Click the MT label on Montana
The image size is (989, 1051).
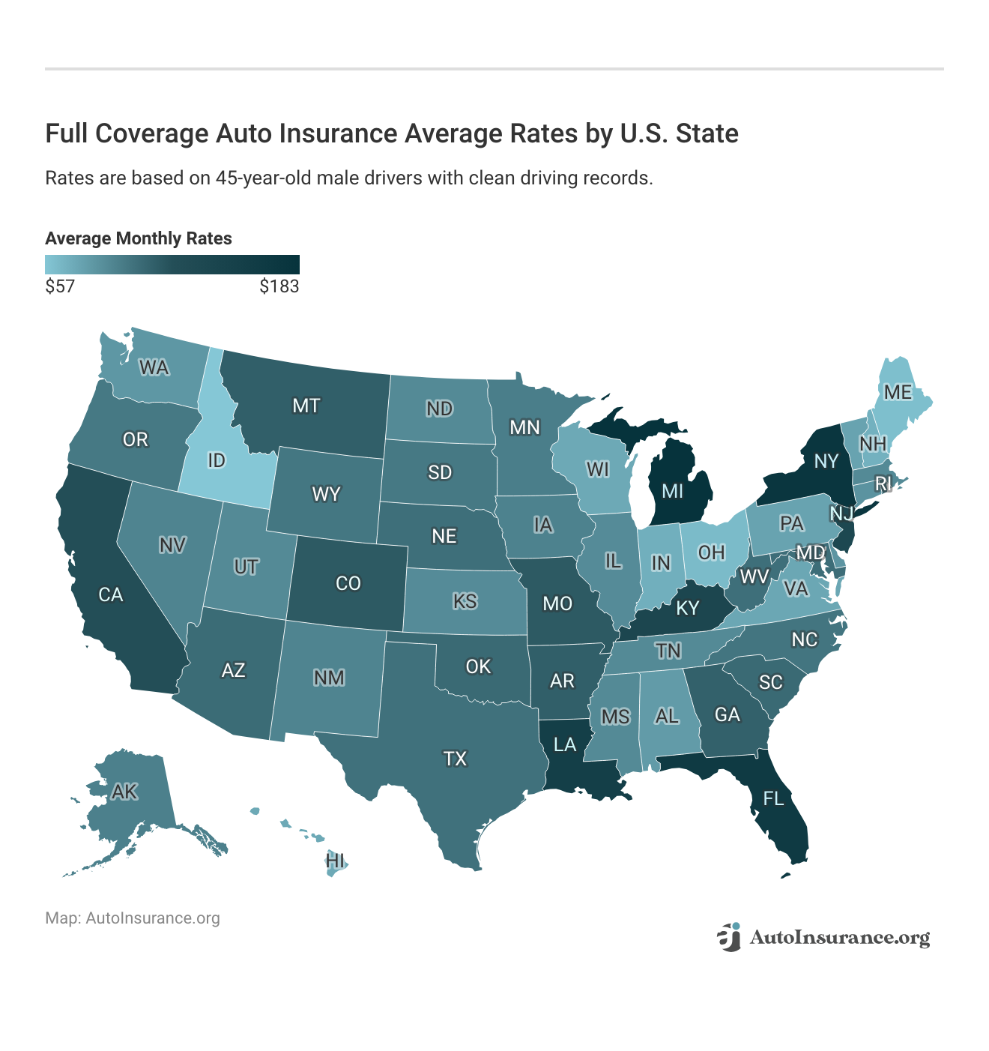coord(306,406)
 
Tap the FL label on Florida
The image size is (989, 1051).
coord(773,798)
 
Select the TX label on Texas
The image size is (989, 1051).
coord(455,759)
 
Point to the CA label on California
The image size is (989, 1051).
coord(111,594)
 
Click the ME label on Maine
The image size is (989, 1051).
coord(898,392)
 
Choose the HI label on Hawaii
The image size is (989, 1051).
coord(336,860)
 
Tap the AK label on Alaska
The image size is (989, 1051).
coord(124,791)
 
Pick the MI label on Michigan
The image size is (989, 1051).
coord(672,491)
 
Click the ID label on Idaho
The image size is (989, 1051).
coord(217,460)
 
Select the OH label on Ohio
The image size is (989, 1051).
coord(711,552)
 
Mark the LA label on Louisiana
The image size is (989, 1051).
coord(565,744)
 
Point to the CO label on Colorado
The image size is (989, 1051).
coord(348,583)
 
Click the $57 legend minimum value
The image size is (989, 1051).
coord(60,286)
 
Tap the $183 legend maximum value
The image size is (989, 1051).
coord(279,286)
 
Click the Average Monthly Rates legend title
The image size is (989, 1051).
coord(139,238)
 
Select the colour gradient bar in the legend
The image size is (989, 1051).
coord(172,265)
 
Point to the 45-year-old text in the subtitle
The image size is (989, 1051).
coord(263,178)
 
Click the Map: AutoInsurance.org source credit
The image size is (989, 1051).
coord(133,918)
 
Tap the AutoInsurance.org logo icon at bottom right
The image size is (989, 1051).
coord(728,937)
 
